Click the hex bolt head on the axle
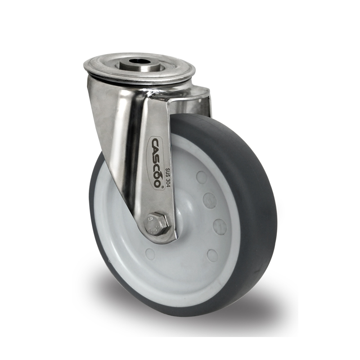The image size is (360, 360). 158,223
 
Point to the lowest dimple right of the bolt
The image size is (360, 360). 212,255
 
